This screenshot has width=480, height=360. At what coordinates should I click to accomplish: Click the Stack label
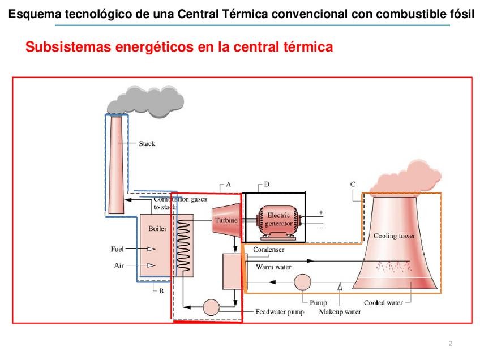coord(147,144)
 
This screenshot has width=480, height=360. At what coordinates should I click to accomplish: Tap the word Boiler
coord(157,229)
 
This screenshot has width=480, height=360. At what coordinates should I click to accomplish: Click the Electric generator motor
coord(277,220)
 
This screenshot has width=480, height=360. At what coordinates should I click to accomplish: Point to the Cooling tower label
coord(394,236)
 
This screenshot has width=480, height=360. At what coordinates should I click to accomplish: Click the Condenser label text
coord(268,250)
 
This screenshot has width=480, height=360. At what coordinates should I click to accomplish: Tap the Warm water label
coord(273,266)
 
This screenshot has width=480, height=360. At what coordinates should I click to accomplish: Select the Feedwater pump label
coord(280,312)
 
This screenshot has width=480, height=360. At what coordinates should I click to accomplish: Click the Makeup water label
coord(340,312)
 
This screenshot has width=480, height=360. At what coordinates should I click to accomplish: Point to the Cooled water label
coord(383,303)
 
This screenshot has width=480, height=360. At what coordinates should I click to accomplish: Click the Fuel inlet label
coord(117,248)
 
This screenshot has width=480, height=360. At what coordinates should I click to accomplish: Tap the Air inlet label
coord(118,265)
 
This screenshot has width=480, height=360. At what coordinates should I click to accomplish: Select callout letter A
coord(228,184)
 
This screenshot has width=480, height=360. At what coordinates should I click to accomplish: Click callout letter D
coord(267,184)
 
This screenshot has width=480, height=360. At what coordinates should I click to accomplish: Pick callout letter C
coord(353,184)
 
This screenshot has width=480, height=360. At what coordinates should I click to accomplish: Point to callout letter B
coord(161,291)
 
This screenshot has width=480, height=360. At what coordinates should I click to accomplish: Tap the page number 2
coord(450,344)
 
